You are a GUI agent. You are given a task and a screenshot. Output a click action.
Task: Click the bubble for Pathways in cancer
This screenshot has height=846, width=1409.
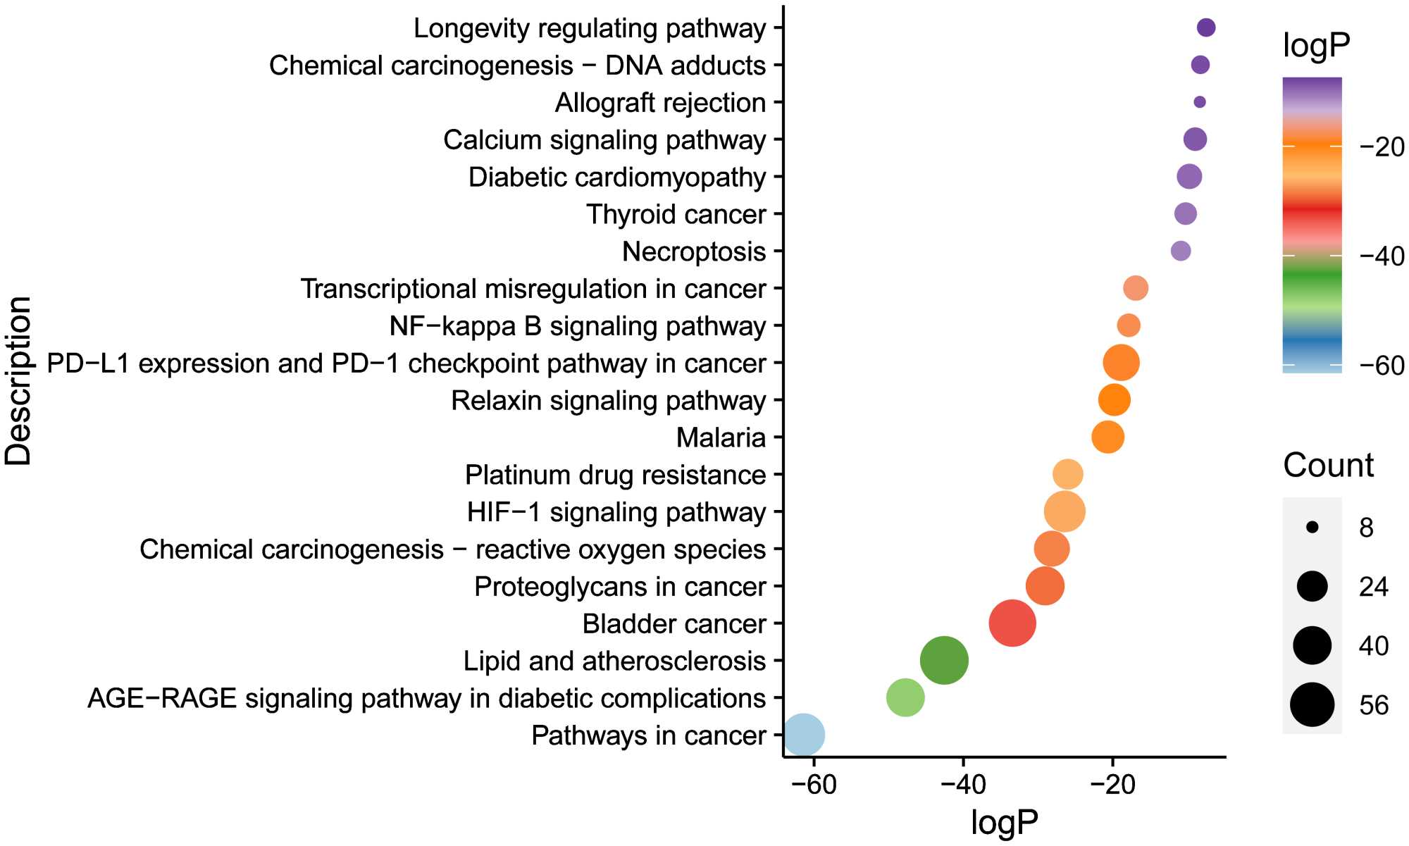tap(804, 735)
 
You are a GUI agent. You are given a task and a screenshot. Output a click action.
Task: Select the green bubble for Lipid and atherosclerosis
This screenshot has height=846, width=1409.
tap(944, 660)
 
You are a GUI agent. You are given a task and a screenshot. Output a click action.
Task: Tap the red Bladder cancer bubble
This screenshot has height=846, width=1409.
tap(1012, 623)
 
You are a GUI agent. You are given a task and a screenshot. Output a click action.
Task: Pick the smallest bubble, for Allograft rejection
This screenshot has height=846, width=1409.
tap(1200, 102)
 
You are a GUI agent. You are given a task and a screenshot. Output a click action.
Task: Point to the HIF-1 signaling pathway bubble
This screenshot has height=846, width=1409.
tap(1064, 511)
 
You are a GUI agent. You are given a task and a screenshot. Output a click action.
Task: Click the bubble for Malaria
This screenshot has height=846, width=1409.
tap(1107, 437)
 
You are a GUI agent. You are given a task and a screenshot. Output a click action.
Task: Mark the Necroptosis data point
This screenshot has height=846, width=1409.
tap(1181, 251)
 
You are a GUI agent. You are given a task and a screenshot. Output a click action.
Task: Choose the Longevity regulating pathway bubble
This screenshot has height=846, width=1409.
tap(1206, 27)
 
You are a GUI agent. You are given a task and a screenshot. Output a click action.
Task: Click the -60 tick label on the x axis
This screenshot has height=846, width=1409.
tap(814, 784)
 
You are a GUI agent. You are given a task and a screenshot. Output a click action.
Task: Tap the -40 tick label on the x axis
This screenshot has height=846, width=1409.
tap(963, 784)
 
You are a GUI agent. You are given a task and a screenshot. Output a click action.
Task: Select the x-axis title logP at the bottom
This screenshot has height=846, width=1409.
tap(1004, 822)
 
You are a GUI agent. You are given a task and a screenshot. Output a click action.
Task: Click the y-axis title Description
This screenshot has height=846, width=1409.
tap(19, 380)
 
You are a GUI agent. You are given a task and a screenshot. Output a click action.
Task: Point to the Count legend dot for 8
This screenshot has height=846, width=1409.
tap(1312, 527)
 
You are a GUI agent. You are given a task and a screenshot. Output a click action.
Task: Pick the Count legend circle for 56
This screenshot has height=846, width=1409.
tap(1312, 704)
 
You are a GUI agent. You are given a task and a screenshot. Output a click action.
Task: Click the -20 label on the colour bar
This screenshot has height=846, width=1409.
tap(1382, 147)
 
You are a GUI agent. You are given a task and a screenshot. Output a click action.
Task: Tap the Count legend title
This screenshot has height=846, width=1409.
tap(1328, 466)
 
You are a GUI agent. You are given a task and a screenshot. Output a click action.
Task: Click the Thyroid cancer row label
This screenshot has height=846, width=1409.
tap(676, 214)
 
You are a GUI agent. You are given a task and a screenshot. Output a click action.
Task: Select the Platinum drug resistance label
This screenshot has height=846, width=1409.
tap(615, 475)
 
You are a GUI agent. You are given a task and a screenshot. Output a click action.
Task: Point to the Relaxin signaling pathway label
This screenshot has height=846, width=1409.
tap(608, 400)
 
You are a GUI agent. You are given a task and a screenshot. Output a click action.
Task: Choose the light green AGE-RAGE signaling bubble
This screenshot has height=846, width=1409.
tap(905, 697)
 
